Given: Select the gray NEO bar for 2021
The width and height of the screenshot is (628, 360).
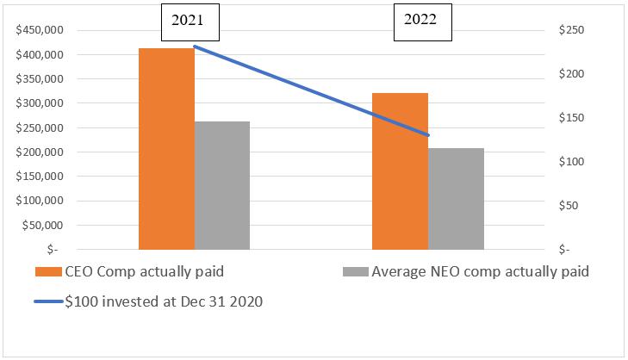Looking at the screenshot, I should [222, 185].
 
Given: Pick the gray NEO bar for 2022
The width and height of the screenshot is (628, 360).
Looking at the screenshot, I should [456, 199].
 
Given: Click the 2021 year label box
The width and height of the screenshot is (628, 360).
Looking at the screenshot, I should [189, 21].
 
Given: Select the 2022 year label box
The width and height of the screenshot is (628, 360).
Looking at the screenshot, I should [423, 21].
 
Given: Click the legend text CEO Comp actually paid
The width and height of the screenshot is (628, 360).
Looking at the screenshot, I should [144, 272].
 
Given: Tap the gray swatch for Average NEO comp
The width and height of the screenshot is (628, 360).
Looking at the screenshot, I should [356, 272].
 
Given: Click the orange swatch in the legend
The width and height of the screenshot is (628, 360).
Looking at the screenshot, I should [48, 272].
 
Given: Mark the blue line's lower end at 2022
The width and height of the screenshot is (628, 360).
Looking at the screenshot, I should [428, 135].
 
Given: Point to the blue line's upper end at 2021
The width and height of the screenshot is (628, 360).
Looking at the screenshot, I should [195, 47].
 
